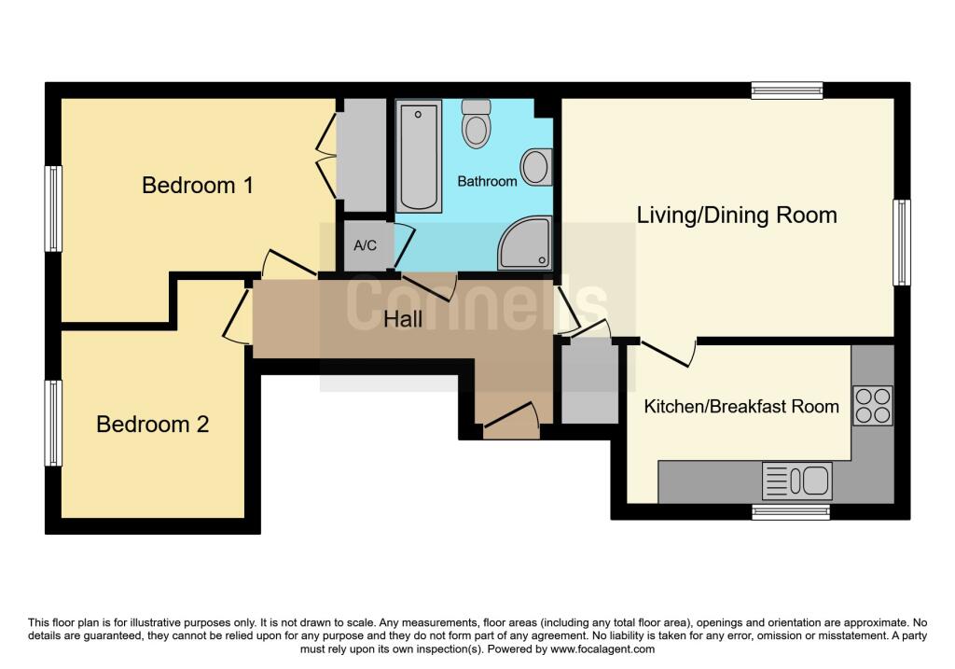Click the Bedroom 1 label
click(x=197, y=185)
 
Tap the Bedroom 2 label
click(x=153, y=425)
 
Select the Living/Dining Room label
click(x=737, y=215)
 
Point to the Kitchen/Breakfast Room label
click(x=741, y=406)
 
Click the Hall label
click(x=403, y=319)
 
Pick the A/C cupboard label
click(x=365, y=245)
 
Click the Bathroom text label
click(x=487, y=181)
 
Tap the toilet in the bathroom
click(x=477, y=123)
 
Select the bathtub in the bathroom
click(x=419, y=157)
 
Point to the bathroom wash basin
click(x=536, y=167)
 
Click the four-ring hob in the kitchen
click(x=872, y=406)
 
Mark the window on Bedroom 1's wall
click(x=54, y=209)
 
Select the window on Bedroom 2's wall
click(x=54, y=423)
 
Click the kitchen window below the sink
click(x=791, y=511)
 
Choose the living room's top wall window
click(x=787, y=90)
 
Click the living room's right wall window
click(x=901, y=242)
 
